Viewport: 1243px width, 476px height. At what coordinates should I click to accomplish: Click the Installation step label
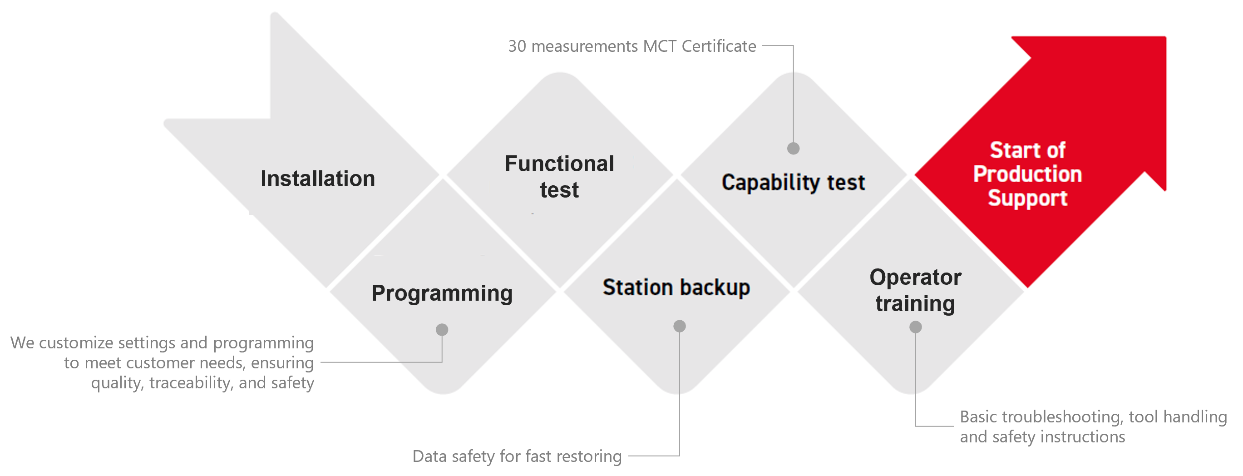pos(317,178)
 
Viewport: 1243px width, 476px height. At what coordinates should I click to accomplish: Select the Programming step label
pos(442,293)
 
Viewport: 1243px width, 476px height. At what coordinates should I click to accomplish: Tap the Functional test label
pos(559,177)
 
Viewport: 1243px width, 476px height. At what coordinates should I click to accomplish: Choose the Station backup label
pos(676,288)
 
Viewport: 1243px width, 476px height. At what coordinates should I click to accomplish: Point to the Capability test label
pos(793,183)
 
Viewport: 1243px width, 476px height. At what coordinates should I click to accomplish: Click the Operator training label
pos(915,291)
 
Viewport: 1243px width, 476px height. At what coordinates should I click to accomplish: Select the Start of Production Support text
pos(1027,174)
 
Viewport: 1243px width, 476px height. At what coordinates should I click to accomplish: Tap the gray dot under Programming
pos(442,330)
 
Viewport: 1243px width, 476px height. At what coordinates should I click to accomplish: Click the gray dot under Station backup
pos(680,327)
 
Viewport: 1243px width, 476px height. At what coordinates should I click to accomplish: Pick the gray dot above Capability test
pos(793,148)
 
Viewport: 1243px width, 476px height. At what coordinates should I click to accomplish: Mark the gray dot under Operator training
pos(915,327)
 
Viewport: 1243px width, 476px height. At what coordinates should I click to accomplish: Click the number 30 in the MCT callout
pos(517,46)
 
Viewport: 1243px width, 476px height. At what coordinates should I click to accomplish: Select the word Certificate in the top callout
pos(719,46)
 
